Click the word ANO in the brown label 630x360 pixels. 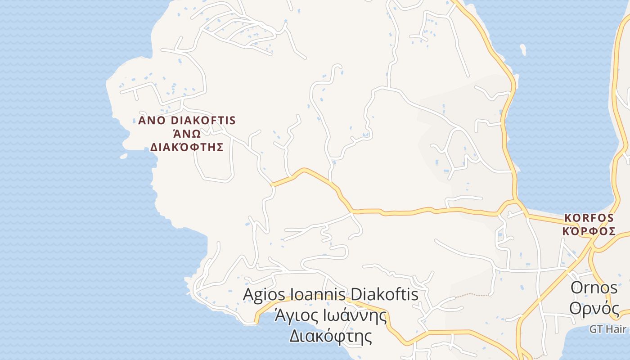pos(152,121)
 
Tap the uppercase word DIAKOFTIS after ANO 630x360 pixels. pos(203,121)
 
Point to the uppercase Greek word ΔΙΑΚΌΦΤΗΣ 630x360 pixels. pos(187,147)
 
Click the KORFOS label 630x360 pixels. pos(589,218)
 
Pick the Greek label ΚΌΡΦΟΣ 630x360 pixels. pos(589,231)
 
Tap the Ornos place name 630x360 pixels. pos(594,288)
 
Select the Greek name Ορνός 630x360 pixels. pos(594,308)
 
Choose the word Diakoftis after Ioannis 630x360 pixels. pos(384,294)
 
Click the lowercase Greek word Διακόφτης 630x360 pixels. pos(330,336)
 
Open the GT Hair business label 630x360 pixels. pos(609,329)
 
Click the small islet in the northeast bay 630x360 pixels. pos(522,49)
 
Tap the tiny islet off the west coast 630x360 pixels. pos(123,156)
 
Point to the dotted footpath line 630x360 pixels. pos(472,295)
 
